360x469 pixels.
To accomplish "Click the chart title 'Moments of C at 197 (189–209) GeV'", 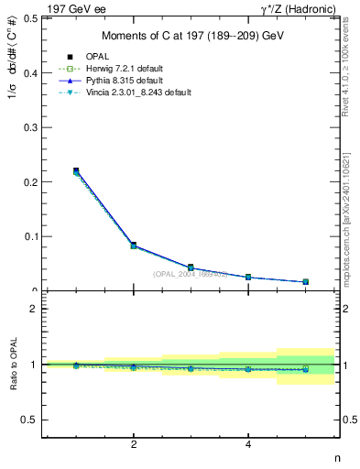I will (x=191, y=36).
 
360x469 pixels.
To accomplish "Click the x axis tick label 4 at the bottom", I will (x=248, y=445).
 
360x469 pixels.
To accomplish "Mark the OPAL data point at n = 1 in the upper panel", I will (x=76, y=171).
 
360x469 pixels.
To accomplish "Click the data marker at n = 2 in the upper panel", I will (x=134, y=245).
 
